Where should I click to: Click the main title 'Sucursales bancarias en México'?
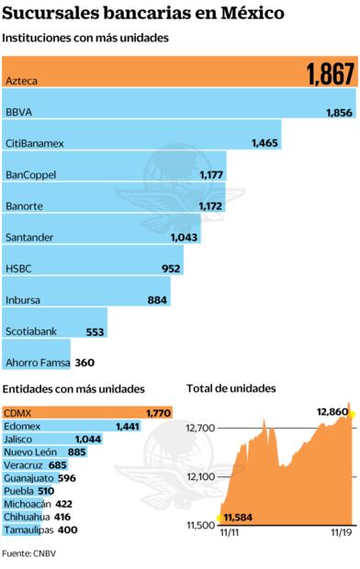[142, 14]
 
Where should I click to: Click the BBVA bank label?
[19, 113]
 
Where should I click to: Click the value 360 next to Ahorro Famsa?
[85, 363]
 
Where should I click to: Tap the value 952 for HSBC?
[170, 269]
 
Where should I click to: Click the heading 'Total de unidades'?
[231, 389]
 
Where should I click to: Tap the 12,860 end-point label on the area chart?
[332, 411]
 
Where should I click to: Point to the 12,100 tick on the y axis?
[202, 476]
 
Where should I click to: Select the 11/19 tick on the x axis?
[341, 531]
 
